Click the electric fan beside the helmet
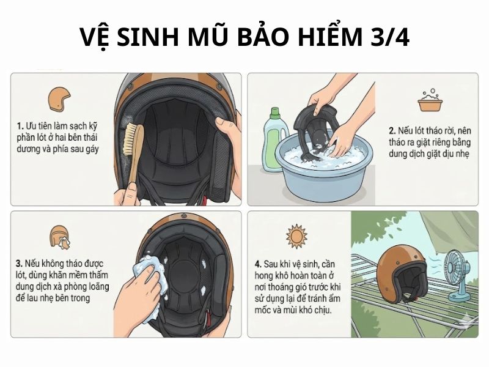(x=459, y=275)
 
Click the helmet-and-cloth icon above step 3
(x=59, y=237)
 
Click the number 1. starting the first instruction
(x=20, y=125)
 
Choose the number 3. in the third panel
(x=20, y=264)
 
